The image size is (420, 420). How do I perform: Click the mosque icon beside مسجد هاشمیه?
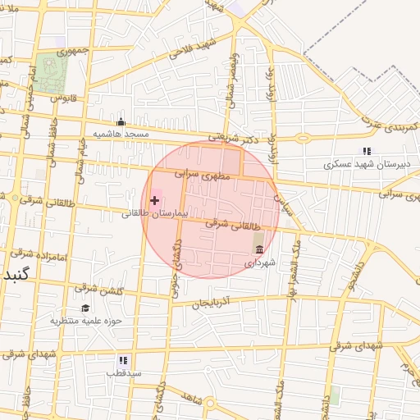(121, 121)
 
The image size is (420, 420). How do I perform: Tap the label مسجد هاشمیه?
(121, 134)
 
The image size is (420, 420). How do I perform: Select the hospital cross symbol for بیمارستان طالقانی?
(154, 200)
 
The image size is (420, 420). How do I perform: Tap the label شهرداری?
(261, 263)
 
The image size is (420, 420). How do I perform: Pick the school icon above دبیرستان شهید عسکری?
(367, 151)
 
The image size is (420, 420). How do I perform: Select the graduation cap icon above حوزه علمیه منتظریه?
(85, 308)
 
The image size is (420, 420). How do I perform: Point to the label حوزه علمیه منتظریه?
(85, 321)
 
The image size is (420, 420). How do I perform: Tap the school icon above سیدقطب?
(123, 359)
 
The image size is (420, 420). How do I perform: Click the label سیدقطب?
(123, 372)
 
